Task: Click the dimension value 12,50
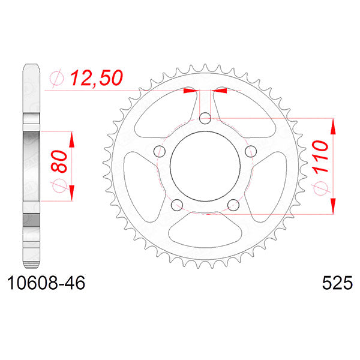[97, 77]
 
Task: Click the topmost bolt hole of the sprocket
[205, 118]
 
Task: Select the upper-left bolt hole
[159, 151]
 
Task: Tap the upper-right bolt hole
[251, 150]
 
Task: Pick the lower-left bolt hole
[176, 205]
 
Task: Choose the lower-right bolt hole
[233, 205]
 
